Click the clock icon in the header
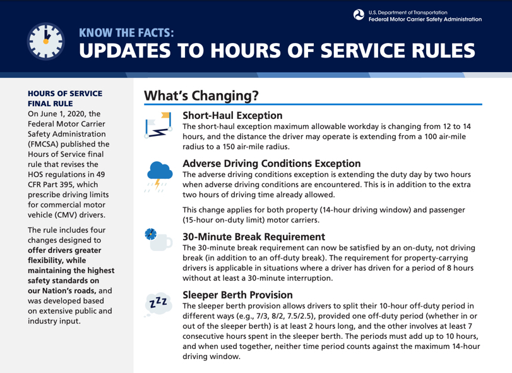[47, 43]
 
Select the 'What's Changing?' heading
[201, 95]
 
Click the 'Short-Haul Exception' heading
[232, 116]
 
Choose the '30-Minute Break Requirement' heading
[253, 237]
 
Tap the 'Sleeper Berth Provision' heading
[237, 295]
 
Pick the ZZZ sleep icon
[158, 303]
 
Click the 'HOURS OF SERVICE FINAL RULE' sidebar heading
[65, 98]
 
